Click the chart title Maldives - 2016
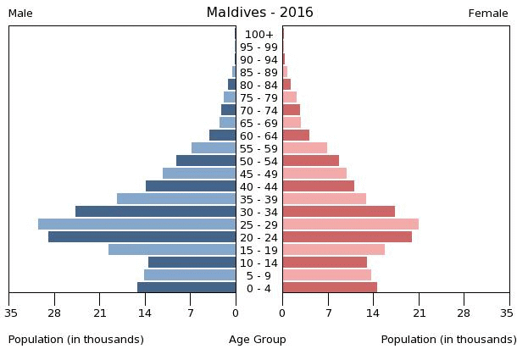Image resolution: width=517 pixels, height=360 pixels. (259, 13)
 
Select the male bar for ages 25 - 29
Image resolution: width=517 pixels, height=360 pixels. (136, 224)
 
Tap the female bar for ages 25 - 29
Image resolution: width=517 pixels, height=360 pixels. (350, 224)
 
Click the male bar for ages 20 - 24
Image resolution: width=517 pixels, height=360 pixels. (142, 236)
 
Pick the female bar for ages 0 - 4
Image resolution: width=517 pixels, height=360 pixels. (330, 287)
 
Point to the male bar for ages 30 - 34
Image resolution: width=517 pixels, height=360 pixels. (155, 211)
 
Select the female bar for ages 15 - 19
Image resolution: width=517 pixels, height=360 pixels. (333, 249)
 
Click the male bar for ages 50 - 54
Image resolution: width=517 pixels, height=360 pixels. (206, 160)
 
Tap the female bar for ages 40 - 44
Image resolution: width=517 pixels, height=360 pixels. (318, 186)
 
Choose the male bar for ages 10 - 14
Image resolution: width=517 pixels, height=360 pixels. (192, 262)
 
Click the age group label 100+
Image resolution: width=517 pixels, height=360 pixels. (258, 35)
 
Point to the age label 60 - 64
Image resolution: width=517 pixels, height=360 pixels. (258, 136)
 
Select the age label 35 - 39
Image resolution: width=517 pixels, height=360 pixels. (258, 200)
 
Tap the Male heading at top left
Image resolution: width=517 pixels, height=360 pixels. (20, 14)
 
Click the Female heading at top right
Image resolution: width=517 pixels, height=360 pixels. (488, 14)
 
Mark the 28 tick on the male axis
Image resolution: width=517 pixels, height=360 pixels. (54, 312)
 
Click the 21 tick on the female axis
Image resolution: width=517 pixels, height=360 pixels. (419, 312)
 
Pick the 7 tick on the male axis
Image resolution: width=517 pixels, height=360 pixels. (190, 312)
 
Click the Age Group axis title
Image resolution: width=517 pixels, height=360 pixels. (258, 340)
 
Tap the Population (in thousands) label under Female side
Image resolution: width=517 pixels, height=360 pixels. (448, 340)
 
